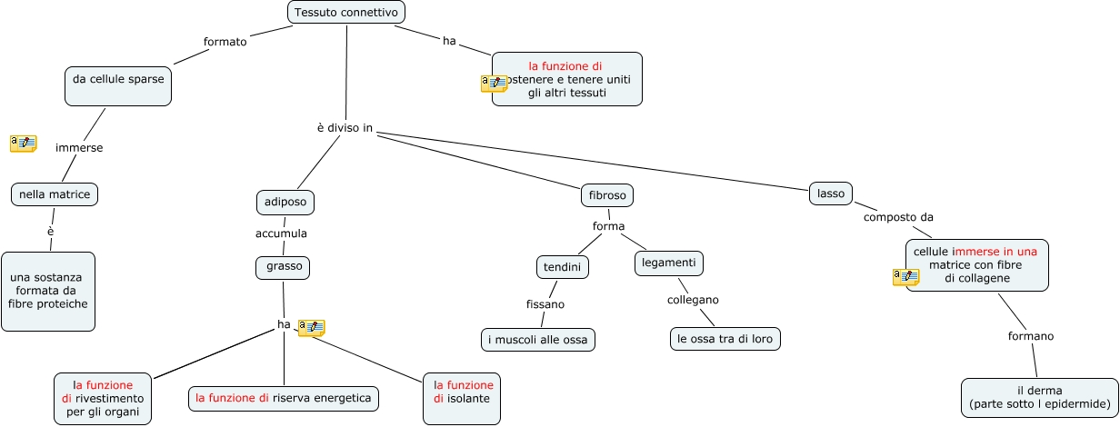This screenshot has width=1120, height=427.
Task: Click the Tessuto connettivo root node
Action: [346, 13]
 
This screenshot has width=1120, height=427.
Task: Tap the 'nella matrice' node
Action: [55, 194]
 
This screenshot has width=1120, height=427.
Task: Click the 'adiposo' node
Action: [285, 202]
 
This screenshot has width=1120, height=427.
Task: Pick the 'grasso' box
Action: [283, 267]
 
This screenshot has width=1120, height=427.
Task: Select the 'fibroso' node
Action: [606, 195]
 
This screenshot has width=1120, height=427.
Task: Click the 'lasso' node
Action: [831, 193]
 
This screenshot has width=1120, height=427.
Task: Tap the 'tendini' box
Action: [562, 267]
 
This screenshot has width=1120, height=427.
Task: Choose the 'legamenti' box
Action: [668, 263]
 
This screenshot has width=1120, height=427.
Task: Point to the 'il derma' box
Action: [1040, 397]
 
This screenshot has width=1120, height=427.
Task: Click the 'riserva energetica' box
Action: [284, 398]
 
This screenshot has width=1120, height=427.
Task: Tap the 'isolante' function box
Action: [463, 398]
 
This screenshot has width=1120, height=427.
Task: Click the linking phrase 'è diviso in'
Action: [345, 129]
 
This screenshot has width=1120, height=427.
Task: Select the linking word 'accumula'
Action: [281, 233]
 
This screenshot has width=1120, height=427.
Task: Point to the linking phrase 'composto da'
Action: [898, 217]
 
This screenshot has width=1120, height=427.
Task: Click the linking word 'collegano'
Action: [693, 300]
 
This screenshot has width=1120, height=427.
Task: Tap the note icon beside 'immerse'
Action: [23, 143]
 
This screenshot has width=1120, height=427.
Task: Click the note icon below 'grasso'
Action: [312, 327]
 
